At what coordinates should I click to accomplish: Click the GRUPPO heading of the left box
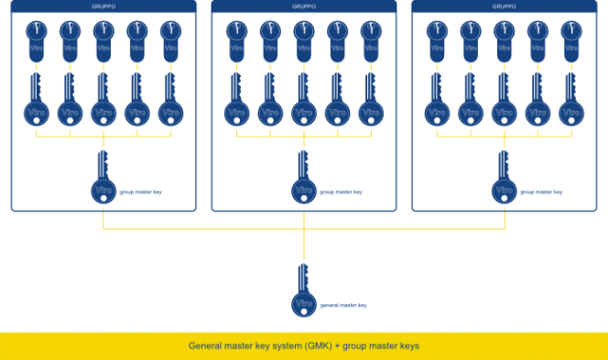tap(103, 6)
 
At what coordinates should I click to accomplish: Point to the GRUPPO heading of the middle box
tap(304, 6)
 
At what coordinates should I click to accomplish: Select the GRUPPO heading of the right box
tap(504, 6)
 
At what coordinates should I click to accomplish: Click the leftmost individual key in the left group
tap(37, 103)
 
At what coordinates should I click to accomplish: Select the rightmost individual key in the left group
tap(170, 103)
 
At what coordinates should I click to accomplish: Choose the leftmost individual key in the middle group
tap(236, 103)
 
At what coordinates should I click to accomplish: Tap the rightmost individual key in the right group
tap(571, 103)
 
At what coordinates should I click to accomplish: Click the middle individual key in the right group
tap(504, 103)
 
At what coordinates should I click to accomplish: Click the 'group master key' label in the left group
tap(142, 193)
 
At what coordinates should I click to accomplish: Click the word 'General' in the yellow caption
tap(206, 346)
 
